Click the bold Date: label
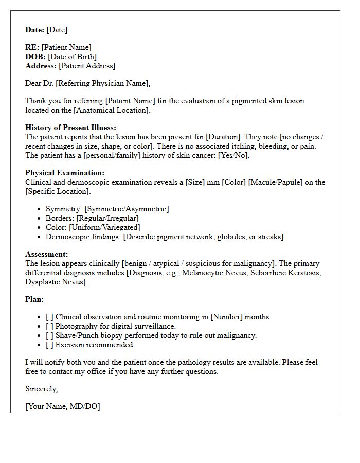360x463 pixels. (35, 30)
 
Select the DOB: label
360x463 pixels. (35, 57)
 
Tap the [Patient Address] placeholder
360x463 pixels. (87, 66)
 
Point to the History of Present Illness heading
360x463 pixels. (71, 128)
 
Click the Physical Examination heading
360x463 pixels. (65, 173)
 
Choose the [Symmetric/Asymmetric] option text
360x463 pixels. (127, 209)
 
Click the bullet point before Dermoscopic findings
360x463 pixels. (40, 237)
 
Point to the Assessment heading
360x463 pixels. (47, 254)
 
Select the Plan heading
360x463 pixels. (34, 299)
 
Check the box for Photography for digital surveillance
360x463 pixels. (49, 326)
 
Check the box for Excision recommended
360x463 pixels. (49, 345)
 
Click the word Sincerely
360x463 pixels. (42, 389)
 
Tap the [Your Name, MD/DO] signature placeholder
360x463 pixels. (63, 406)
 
